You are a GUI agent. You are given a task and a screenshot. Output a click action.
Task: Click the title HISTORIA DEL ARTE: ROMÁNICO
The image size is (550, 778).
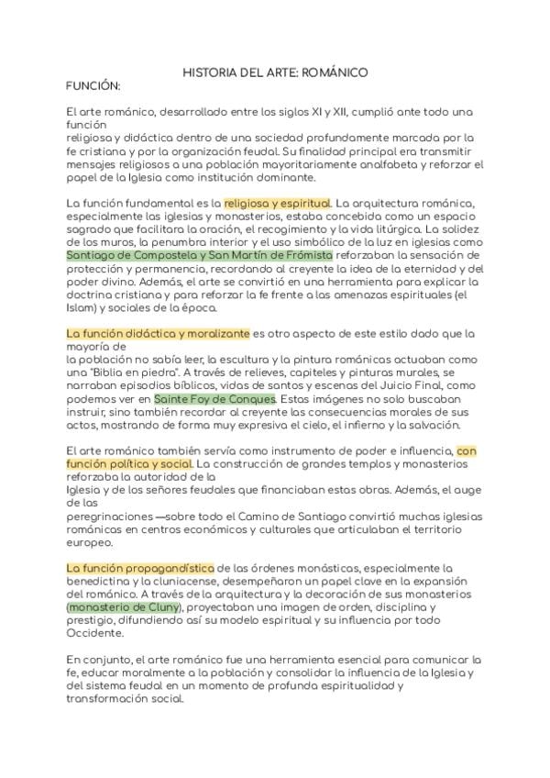pos(275,71)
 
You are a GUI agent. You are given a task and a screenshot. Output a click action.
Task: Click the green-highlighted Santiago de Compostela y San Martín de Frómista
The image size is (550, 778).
pos(200,254)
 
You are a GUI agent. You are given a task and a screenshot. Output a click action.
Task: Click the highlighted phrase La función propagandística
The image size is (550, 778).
pos(140,569)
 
